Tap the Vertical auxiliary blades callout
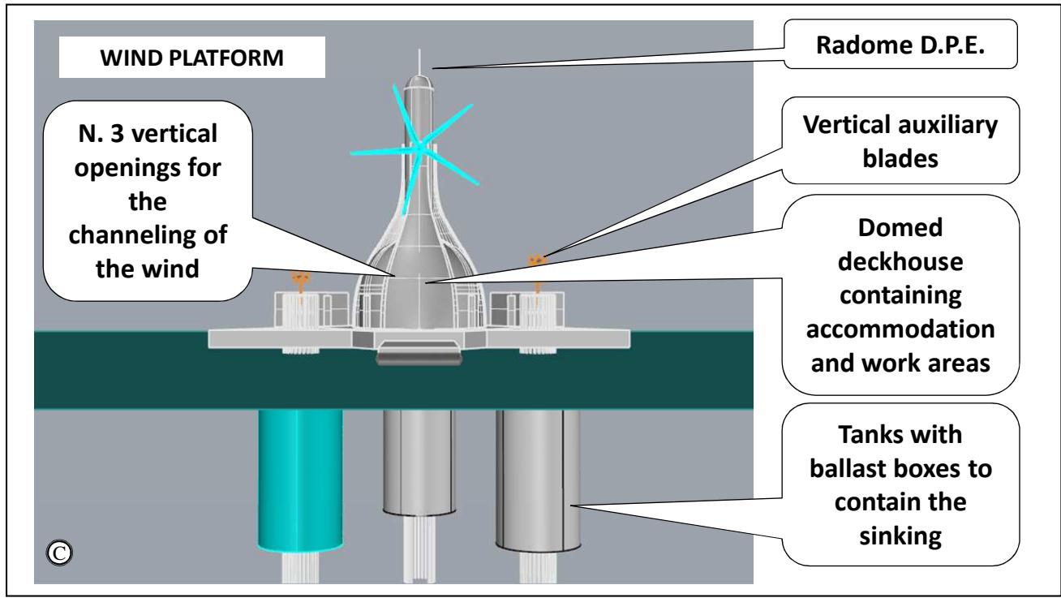[x=900, y=140]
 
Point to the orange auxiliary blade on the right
[x=535, y=261]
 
